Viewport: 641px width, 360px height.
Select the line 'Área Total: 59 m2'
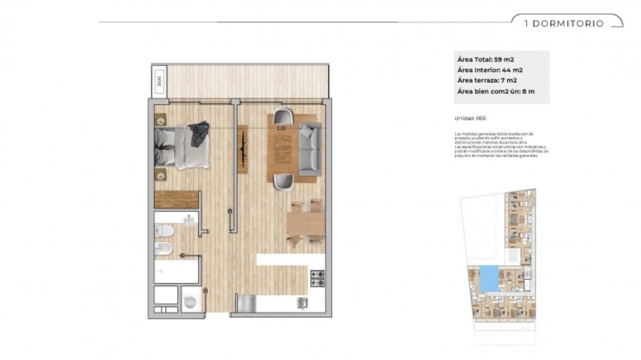[486, 59]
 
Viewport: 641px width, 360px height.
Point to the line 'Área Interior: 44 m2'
[490, 70]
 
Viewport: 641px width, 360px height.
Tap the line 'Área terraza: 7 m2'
[487, 81]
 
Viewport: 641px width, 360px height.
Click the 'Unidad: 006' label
[470, 118]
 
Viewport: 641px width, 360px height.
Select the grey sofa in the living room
[309, 148]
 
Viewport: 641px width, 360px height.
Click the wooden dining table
[305, 222]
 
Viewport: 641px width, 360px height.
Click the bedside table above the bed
[161, 119]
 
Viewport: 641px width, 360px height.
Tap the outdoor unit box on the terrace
[160, 81]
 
